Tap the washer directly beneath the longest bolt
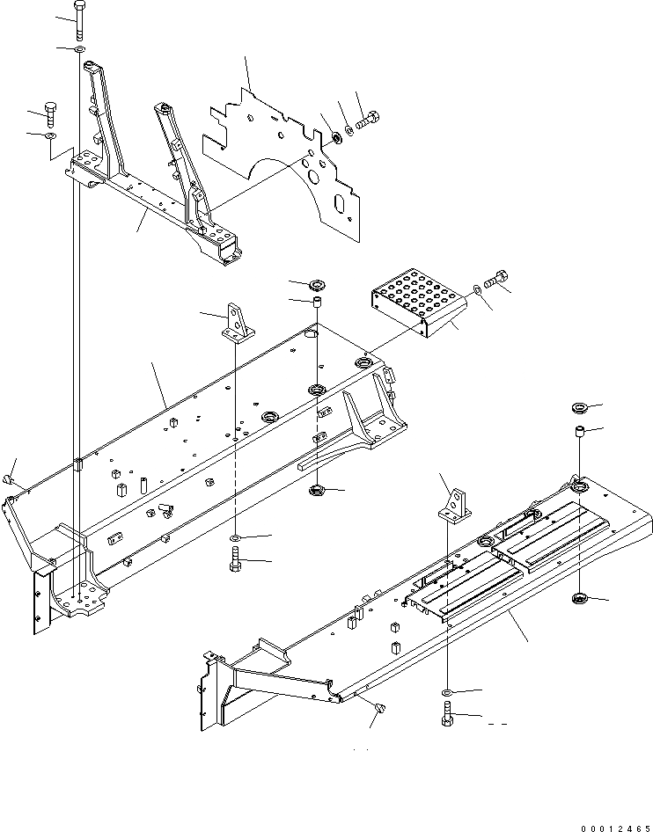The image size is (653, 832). point(80,50)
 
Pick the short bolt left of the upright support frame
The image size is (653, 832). point(51,113)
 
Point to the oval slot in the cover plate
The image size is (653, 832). point(338,205)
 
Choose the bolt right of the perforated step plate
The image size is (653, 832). point(496,279)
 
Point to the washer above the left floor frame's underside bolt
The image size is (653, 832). point(236,537)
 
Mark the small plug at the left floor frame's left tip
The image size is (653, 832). point(11,479)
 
